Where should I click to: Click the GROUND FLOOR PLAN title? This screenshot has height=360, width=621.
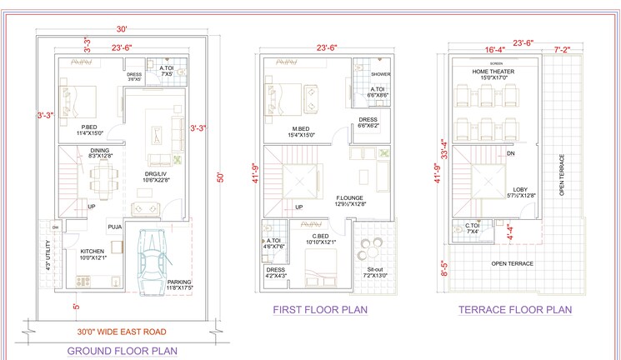pyautogui.click(x=121, y=351)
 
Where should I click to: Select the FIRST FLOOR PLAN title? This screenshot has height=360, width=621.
pyautogui.click(x=320, y=309)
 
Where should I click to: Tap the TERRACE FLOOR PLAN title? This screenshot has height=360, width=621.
pyautogui.click(x=514, y=309)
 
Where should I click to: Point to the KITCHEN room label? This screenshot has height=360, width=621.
pyautogui.click(x=92, y=251)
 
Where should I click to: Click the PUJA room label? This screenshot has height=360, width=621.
pyautogui.click(x=114, y=226)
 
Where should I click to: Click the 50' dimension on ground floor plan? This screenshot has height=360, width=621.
pyautogui.click(x=220, y=177)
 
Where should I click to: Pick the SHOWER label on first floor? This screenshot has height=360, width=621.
pyautogui.click(x=380, y=73)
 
